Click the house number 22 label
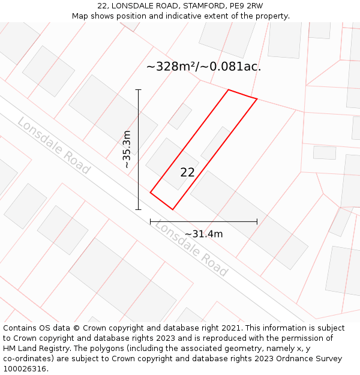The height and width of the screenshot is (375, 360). click(x=187, y=172)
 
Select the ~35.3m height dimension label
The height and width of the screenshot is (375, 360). click(x=127, y=149)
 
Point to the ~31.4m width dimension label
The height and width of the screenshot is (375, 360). click(x=203, y=234)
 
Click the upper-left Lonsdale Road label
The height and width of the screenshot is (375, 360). click(x=53, y=146)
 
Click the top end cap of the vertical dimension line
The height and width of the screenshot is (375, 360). click(x=139, y=90)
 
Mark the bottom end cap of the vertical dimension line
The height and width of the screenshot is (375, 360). click(x=139, y=209)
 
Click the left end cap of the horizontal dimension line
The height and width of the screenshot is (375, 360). click(x=151, y=221)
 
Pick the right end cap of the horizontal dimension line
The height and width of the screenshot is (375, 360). click(x=257, y=221)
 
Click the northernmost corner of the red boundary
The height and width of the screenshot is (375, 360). click(x=229, y=90)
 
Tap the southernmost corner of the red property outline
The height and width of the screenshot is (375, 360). click(x=173, y=209)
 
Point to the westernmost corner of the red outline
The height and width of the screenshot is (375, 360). click(x=151, y=192)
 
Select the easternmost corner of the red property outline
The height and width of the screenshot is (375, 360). click(x=257, y=98)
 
